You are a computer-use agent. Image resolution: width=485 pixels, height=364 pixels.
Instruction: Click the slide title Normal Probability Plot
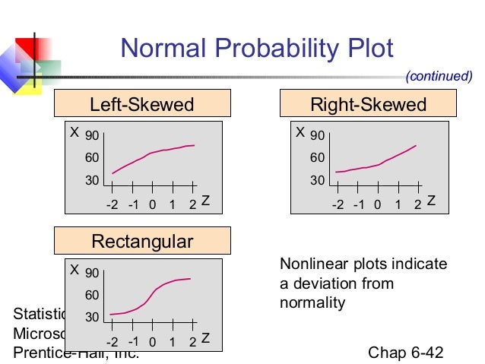click(257, 49)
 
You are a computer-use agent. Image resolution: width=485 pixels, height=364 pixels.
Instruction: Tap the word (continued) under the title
click(439, 76)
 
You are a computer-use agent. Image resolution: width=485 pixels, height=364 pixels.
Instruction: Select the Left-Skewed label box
click(142, 104)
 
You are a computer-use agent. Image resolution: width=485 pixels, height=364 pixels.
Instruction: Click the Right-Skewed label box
click(368, 104)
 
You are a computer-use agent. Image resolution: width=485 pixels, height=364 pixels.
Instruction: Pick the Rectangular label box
click(142, 242)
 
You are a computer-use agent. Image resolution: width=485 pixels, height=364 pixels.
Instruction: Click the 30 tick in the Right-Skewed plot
click(318, 181)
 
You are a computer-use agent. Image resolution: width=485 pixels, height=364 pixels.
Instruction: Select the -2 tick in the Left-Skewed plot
click(113, 204)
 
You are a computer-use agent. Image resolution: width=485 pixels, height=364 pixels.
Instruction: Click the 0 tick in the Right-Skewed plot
click(378, 204)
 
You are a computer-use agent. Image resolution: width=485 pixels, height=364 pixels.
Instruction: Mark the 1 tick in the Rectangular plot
click(172, 341)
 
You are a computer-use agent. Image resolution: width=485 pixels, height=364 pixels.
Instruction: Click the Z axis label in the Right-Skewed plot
click(431, 201)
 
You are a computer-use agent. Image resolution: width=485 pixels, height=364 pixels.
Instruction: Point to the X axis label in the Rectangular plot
click(74, 270)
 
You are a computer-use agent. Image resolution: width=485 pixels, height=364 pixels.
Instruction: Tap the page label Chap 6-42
click(405, 353)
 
